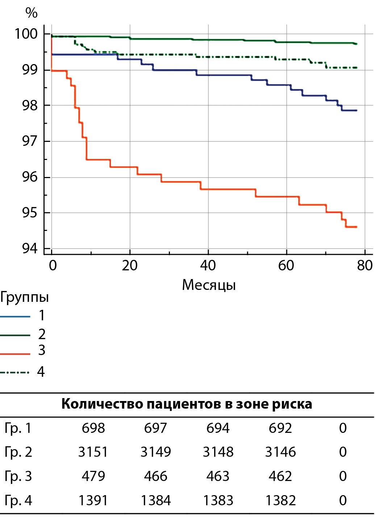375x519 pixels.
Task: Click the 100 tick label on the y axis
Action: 26,34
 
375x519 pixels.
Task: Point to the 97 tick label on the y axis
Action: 30,141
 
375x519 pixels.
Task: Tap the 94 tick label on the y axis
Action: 30,248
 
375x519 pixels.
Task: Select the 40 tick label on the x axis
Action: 208,266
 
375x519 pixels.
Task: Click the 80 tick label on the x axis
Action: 364,266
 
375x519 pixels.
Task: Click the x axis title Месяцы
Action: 209,285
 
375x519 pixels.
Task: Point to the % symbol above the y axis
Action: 32,13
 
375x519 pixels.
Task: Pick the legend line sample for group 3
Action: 15,354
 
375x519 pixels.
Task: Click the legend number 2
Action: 42,334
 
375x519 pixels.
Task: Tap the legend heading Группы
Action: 24,297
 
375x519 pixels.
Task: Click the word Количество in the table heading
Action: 103,404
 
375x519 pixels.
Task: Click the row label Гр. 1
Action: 18,428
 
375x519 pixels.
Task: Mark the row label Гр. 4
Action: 18,501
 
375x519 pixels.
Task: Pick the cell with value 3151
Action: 93,452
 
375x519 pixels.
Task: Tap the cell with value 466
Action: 155,476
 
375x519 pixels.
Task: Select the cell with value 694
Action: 218,428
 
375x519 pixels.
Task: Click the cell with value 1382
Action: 280,501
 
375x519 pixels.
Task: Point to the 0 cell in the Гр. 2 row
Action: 343,452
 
